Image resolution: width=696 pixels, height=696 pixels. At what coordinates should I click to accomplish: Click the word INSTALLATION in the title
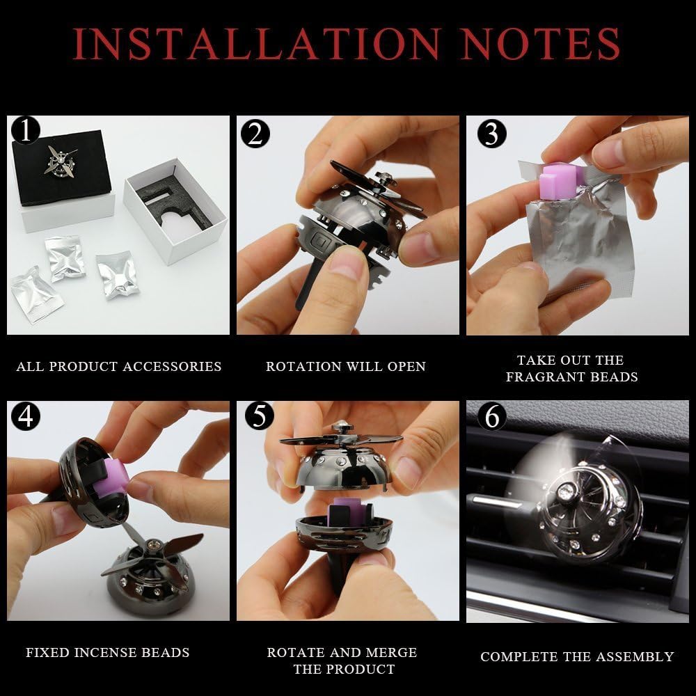click(x=257, y=43)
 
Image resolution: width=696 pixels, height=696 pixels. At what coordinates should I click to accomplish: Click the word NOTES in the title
click(x=541, y=43)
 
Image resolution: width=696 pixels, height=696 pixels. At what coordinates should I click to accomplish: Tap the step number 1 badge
click(x=26, y=131)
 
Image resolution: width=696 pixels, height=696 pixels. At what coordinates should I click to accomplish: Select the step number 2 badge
click(x=255, y=133)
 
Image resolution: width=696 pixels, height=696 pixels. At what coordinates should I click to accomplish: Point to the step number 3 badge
click(x=492, y=133)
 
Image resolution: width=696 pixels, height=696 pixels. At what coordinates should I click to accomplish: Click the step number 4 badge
click(x=26, y=416)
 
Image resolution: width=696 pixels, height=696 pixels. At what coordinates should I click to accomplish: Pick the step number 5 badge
click(x=259, y=416)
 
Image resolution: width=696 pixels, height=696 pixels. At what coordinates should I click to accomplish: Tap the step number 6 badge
click(x=492, y=416)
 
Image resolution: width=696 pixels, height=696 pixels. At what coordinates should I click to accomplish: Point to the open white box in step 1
click(x=175, y=211)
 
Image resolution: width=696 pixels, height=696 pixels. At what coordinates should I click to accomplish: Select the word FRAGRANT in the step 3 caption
click(x=538, y=377)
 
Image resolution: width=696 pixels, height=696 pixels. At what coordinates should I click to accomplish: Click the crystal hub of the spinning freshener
click(x=565, y=491)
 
